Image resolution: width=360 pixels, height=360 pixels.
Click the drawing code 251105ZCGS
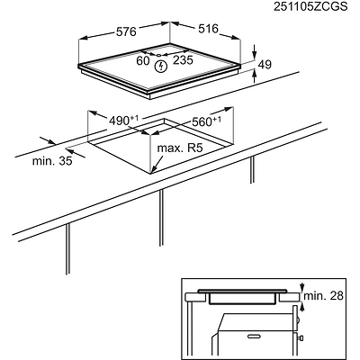point(310,6)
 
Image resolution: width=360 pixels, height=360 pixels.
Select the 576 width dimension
point(126,31)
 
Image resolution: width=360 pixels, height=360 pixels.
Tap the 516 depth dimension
point(208,29)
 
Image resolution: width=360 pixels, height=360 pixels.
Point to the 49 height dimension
point(265,65)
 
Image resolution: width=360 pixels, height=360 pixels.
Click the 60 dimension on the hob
point(143,60)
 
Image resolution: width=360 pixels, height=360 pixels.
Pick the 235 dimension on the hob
point(184,60)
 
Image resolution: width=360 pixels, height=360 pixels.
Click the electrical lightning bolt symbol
point(161,67)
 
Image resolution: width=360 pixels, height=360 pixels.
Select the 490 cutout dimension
point(123,121)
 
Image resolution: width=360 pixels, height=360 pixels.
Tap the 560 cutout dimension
point(206,121)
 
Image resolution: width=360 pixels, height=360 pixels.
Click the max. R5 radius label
point(180,148)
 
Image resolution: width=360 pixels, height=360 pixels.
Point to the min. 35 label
point(52,161)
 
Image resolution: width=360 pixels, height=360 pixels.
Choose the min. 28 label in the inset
point(323,296)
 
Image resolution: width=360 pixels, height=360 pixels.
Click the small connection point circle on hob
point(158,55)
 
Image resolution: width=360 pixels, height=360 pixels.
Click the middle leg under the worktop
point(161,218)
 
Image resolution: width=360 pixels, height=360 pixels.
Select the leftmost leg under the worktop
point(67,248)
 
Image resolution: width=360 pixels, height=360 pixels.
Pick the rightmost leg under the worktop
point(252,169)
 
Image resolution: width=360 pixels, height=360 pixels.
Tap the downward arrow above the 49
point(255,51)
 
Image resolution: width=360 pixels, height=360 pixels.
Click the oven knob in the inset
point(300,338)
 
